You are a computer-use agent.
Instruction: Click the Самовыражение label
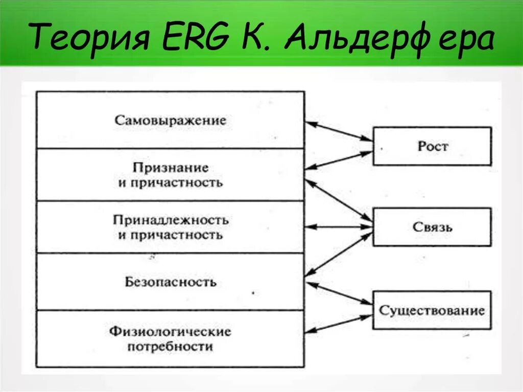[x=170, y=121]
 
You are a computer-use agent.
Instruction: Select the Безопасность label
[x=170, y=282]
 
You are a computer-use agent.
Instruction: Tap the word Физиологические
[x=170, y=332]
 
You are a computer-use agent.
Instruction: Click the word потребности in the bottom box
[x=170, y=347]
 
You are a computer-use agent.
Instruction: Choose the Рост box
[x=432, y=146]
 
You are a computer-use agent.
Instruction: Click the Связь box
[x=432, y=227]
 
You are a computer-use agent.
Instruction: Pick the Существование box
[x=432, y=310]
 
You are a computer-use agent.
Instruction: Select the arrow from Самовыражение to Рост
[x=339, y=130]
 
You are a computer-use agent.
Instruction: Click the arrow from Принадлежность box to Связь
[x=339, y=226]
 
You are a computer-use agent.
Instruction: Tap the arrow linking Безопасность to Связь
[x=339, y=255]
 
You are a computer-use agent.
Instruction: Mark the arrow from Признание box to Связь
[x=339, y=200]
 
